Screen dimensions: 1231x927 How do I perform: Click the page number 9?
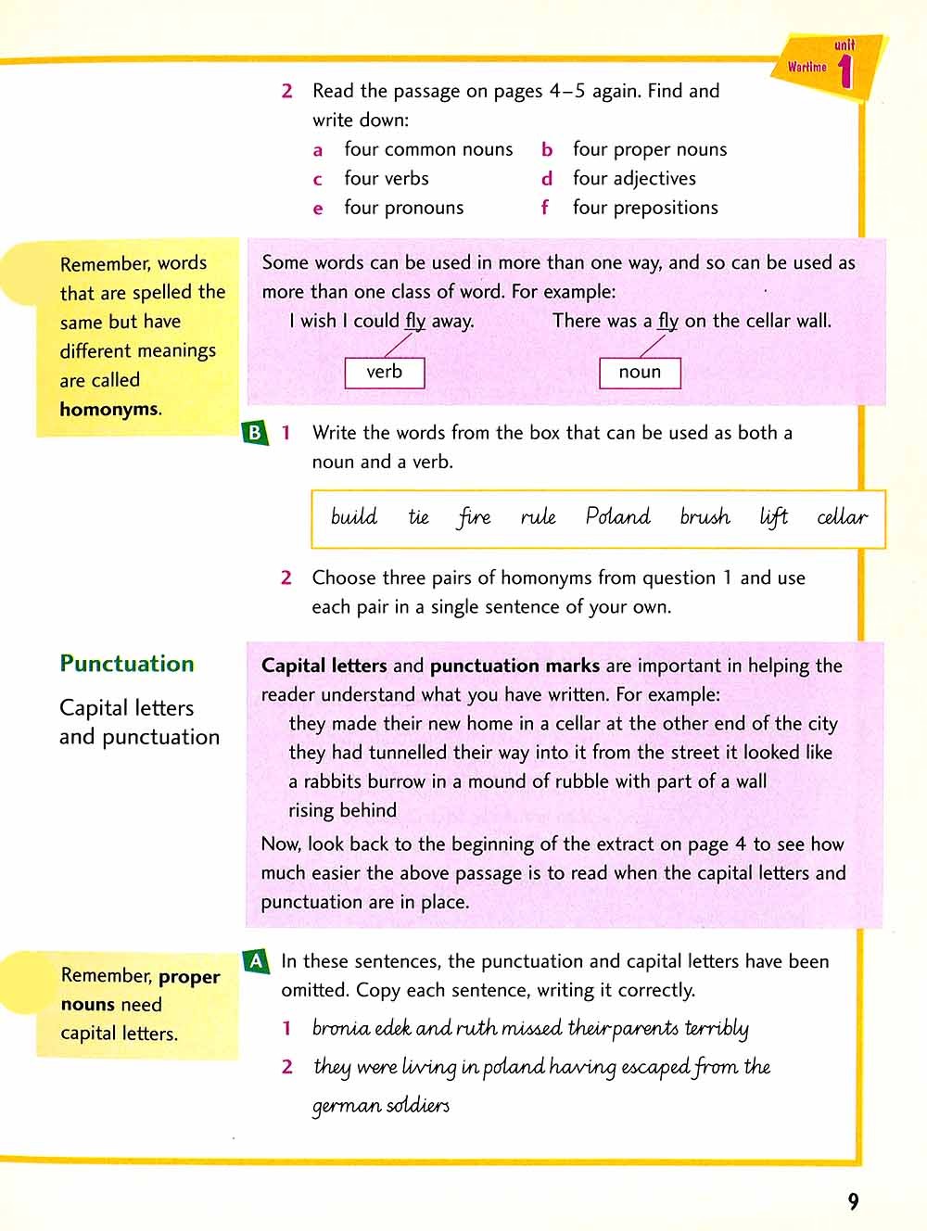(x=853, y=1201)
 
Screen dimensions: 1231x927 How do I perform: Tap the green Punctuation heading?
(x=127, y=664)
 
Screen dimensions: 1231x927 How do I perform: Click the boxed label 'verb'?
(x=384, y=372)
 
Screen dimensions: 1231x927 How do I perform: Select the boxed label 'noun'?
(x=640, y=372)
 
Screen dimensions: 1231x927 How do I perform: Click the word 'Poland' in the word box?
(x=617, y=516)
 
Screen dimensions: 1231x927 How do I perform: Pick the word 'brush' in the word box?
(x=705, y=516)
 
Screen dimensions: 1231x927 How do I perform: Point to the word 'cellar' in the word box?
(x=842, y=516)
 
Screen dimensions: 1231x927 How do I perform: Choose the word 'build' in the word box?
(x=354, y=516)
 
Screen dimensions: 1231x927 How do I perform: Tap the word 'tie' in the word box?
(x=418, y=516)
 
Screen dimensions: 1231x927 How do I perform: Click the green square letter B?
(x=254, y=432)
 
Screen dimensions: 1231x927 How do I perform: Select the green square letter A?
(x=257, y=961)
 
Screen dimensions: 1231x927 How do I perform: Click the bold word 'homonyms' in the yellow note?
(x=109, y=409)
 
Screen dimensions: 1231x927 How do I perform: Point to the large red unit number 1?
(x=844, y=71)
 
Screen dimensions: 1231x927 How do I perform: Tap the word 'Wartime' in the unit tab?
(x=806, y=67)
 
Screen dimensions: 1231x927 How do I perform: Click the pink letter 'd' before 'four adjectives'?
(x=547, y=179)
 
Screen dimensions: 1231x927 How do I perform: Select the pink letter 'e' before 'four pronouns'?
(x=318, y=209)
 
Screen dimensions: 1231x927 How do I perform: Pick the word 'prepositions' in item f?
(x=666, y=208)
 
